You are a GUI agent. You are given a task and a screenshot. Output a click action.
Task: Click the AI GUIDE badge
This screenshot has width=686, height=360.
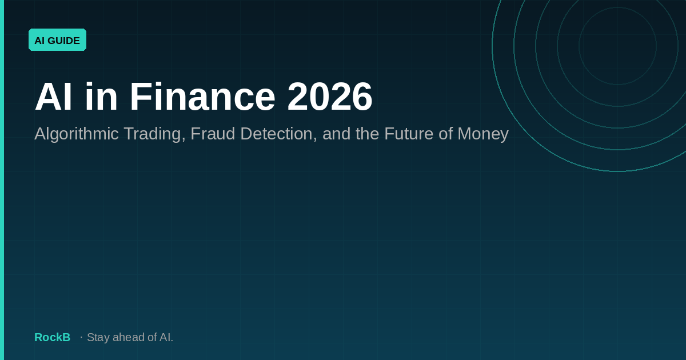coord(57,40)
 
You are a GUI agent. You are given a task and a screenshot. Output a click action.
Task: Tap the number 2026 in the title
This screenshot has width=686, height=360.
coord(329,97)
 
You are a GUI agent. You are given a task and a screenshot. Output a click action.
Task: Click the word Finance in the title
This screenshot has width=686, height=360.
coord(202,97)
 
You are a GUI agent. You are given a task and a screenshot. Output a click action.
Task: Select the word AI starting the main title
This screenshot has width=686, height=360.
coord(53,97)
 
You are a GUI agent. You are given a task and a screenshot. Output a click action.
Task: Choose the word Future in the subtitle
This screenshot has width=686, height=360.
coord(409,134)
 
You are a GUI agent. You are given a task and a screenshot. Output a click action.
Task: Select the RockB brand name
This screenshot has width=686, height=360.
coord(52,337)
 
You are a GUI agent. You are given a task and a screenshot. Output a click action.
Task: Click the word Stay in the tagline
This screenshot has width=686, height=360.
coord(98,337)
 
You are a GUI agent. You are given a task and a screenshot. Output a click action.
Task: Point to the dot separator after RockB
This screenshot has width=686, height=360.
coord(81,337)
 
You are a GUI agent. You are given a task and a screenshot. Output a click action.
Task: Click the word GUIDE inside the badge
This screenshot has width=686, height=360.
coord(64,40)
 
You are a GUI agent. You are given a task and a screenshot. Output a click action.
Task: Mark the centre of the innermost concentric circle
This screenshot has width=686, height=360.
coord(617,46)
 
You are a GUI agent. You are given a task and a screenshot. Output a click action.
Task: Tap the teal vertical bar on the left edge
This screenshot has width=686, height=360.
coord(2,180)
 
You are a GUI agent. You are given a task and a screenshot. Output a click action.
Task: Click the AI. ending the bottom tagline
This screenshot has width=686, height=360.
coord(166,337)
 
